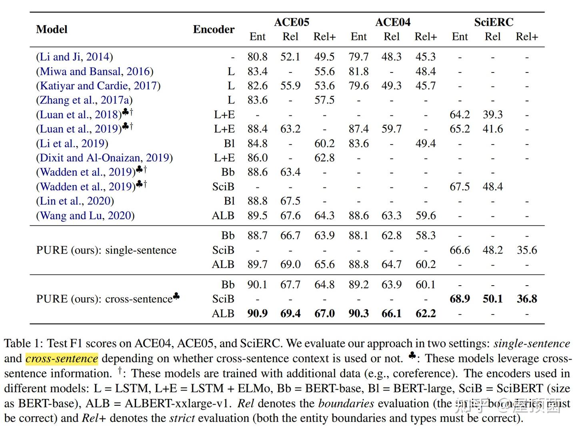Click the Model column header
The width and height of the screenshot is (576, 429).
click(x=52, y=29)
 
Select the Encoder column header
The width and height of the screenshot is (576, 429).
click(x=214, y=29)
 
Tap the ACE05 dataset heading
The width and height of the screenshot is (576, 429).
click(x=292, y=22)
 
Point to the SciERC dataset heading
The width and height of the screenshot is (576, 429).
click(x=494, y=22)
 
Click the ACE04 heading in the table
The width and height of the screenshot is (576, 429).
click(x=393, y=22)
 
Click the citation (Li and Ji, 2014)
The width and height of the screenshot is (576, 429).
click(x=74, y=57)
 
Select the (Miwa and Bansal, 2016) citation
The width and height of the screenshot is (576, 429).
click(x=95, y=71)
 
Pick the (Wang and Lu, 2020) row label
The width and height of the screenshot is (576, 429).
click(x=85, y=216)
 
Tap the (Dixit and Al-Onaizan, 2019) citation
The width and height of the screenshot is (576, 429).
click(x=104, y=158)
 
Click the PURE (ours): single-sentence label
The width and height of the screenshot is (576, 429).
click(x=106, y=250)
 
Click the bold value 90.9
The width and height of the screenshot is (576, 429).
click(x=257, y=313)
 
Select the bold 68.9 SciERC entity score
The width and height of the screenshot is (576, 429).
click(x=460, y=299)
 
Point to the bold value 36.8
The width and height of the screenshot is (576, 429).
click(x=527, y=299)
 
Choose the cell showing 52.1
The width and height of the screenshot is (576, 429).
click(x=290, y=57)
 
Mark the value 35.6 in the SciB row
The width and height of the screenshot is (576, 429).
click(x=527, y=250)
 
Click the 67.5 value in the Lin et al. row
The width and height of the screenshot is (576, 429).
click(x=290, y=201)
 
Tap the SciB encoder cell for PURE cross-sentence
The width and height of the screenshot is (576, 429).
click(x=223, y=299)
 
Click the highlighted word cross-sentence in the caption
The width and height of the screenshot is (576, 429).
click(x=62, y=358)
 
